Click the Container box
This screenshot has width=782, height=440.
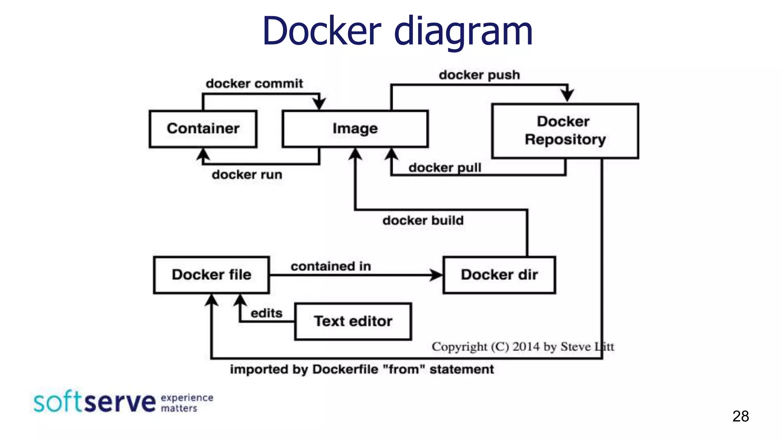(x=203, y=129)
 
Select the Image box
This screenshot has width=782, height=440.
(x=355, y=129)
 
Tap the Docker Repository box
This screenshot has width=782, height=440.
(x=565, y=131)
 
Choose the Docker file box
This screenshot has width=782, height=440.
(x=211, y=275)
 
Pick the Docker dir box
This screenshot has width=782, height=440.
(x=499, y=275)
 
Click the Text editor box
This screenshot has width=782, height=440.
(x=353, y=321)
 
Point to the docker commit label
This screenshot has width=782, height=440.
(x=254, y=83)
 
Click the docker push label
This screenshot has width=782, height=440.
(x=479, y=75)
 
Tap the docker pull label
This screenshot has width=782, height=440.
(x=444, y=167)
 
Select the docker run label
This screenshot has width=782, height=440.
(x=247, y=175)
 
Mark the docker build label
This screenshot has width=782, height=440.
(x=423, y=220)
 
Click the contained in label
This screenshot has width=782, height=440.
(x=331, y=266)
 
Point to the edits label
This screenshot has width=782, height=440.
(x=267, y=313)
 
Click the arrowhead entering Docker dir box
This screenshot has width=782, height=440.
(x=436, y=275)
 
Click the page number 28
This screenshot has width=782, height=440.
(x=740, y=416)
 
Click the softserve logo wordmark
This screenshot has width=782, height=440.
(x=95, y=402)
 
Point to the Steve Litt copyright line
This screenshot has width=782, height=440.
(x=522, y=346)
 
